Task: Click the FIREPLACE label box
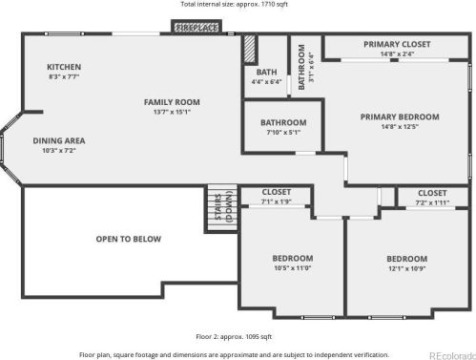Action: pyautogui.click(x=197, y=27)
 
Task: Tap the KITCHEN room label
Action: pyautogui.click(x=64, y=67)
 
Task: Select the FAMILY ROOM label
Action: pyautogui.click(x=172, y=102)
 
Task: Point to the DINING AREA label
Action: pyautogui.click(x=59, y=140)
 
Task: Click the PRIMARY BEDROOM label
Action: pyautogui.click(x=400, y=116)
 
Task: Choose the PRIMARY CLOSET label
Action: pyautogui.click(x=397, y=44)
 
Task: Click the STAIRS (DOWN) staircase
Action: pyautogui.click(x=222, y=207)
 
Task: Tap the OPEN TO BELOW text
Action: pyautogui.click(x=129, y=239)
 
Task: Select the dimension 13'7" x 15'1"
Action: pyautogui.click(x=172, y=112)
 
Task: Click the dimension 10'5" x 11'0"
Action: pyautogui.click(x=293, y=268)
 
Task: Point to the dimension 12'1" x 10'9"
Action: pyautogui.click(x=406, y=268)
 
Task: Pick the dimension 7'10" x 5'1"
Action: pyautogui.click(x=283, y=133)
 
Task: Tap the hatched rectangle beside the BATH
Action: pyautogui.click(x=250, y=49)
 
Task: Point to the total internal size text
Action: pyautogui.click(x=235, y=4)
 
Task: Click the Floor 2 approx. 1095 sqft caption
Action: pyautogui.click(x=234, y=336)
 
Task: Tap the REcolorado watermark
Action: pyautogui.click(x=452, y=355)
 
